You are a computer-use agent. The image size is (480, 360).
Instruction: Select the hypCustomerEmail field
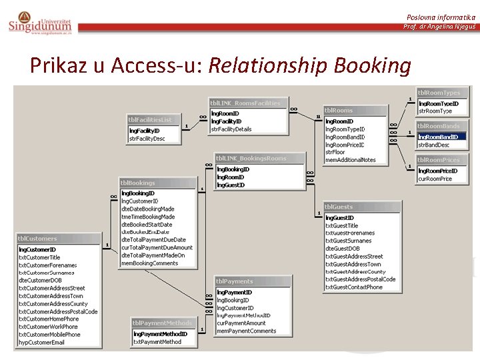(42, 342)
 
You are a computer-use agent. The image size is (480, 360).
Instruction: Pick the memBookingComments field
(150, 263)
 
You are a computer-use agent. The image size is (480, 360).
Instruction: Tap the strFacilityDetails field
(231, 129)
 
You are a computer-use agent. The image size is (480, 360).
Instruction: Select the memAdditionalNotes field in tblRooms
(351, 160)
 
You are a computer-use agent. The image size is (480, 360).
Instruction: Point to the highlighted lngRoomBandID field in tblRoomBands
(438, 137)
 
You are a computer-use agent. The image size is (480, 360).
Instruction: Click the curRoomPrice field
(435, 179)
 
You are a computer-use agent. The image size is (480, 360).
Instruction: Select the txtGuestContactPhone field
(354, 287)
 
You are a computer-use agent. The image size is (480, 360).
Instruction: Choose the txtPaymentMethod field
(157, 342)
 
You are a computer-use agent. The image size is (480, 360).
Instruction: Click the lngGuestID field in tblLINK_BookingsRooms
(231, 185)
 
